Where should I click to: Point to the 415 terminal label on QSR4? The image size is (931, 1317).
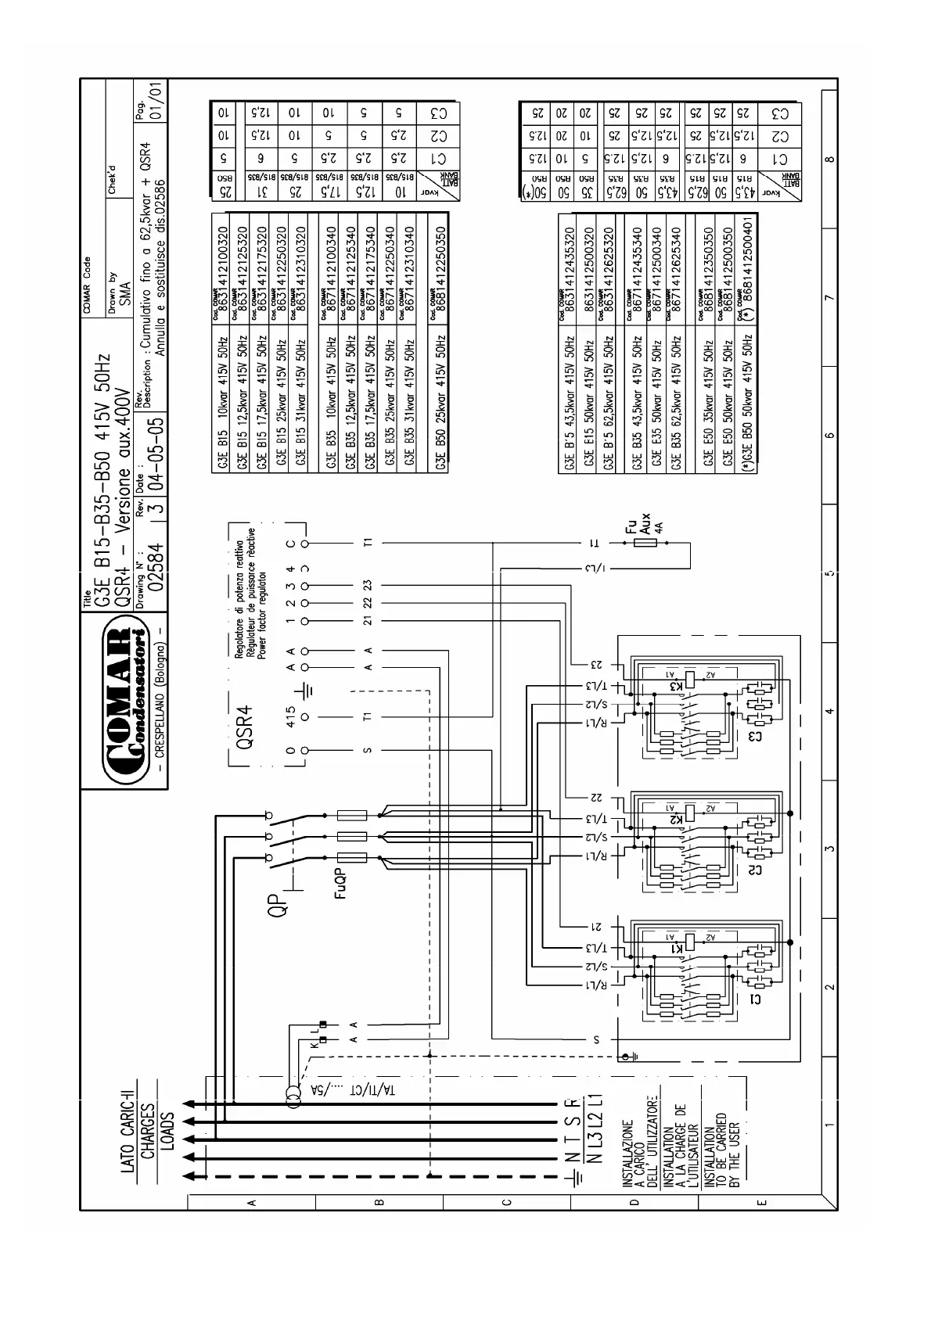click(x=290, y=717)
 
